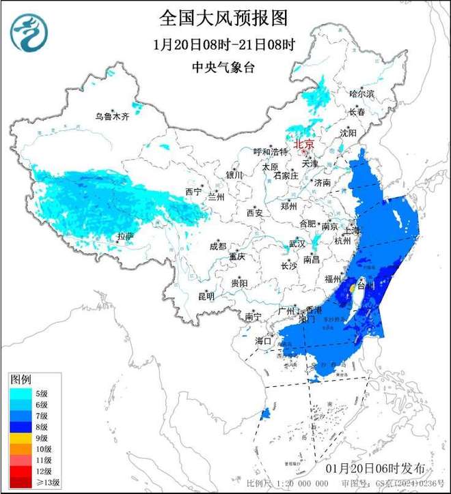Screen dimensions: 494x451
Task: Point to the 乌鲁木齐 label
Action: coord(112,117)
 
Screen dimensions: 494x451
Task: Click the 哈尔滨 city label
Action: coord(361,93)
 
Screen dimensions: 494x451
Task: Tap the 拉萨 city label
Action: coord(124,236)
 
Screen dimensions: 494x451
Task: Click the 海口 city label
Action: coord(263,340)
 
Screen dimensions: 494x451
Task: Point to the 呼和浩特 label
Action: coord(266,151)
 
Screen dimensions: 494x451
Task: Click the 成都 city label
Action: coord(217,246)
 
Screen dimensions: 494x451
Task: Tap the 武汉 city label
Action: coord(297,243)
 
